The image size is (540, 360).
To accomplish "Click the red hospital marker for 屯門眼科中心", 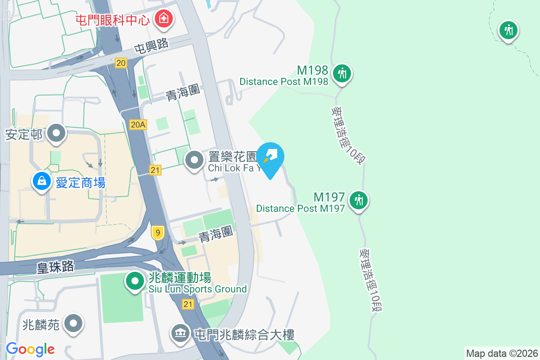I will click(162, 19).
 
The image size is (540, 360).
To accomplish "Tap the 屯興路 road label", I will click(151, 46).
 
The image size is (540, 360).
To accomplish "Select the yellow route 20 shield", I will click(121, 63).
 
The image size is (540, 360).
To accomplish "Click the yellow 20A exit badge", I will click(138, 125).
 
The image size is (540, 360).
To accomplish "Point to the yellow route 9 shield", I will click(157, 233).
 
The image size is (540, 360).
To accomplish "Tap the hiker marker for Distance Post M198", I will click(342, 73).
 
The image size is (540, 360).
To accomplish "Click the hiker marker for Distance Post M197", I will click(359, 200).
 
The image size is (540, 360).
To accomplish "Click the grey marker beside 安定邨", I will click(56, 133).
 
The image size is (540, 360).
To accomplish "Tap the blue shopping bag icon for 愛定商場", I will click(41, 181).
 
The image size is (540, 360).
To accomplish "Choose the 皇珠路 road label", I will click(55, 266).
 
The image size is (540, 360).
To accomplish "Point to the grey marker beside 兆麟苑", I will click(74, 324).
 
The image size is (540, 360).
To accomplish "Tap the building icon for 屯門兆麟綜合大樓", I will click(180, 333).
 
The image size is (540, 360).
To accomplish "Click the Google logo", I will click(31, 349).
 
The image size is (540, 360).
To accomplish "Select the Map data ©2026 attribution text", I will click(502, 353).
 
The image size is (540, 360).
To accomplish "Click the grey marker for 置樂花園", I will click(195, 160).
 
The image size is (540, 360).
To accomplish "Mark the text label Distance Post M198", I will click(284, 82).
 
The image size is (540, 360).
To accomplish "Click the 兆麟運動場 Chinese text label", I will click(180, 278).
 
